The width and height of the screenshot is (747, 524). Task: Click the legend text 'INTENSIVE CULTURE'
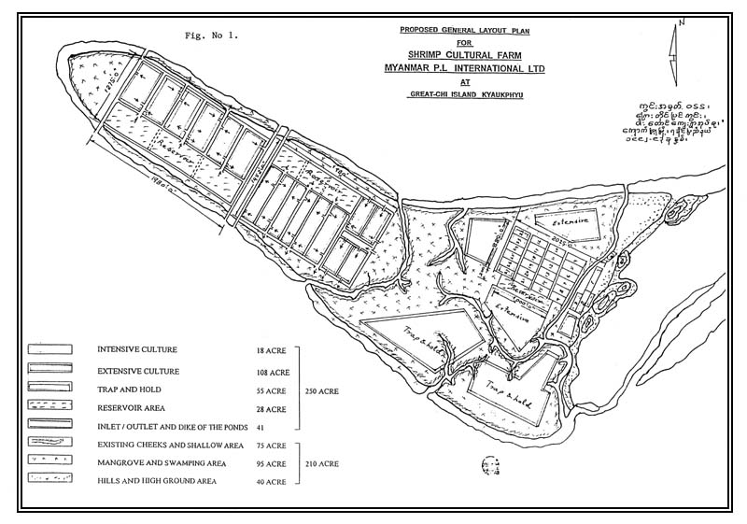138,350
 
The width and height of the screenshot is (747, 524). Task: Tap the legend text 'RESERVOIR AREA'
132,407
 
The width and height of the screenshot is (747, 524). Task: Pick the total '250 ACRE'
322,390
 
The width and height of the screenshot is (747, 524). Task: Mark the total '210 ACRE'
322,463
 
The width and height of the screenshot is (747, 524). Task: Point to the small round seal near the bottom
487,463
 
